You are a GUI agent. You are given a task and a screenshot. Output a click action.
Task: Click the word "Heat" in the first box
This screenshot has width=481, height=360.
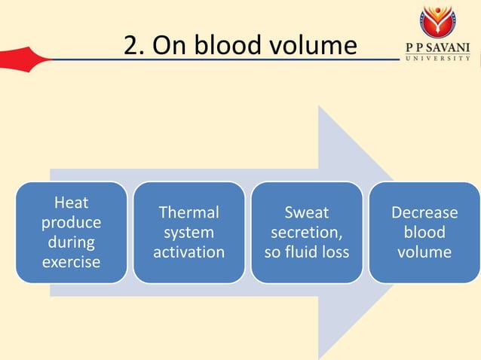click(x=71, y=203)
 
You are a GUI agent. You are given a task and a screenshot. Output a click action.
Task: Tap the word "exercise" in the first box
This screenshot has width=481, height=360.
click(x=71, y=263)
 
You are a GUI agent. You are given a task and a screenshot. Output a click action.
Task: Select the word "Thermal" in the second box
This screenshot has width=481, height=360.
click(x=188, y=213)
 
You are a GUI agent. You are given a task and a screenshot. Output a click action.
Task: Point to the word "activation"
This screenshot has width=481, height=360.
click(x=188, y=252)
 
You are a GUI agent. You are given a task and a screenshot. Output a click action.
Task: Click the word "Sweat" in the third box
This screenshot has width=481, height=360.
click(x=306, y=213)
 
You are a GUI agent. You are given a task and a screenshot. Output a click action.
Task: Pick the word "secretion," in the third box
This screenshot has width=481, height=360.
click(x=306, y=233)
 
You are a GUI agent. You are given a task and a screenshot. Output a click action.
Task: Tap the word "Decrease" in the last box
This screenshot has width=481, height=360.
click(x=424, y=213)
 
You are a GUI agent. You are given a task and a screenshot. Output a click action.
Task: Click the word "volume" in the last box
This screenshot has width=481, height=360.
click(x=424, y=252)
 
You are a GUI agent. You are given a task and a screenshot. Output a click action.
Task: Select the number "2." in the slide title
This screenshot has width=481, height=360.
click(x=134, y=47)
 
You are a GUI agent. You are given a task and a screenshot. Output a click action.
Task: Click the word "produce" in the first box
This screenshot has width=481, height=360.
click(x=71, y=223)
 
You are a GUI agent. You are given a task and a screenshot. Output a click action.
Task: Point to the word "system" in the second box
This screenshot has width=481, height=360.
click(x=188, y=233)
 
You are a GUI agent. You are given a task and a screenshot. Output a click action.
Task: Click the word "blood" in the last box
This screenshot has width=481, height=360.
click(x=424, y=233)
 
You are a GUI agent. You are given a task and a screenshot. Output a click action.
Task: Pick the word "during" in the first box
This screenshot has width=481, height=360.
click(x=71, y=243)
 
